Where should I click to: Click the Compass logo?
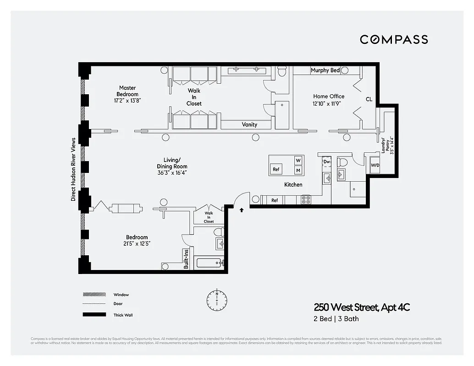(394, 39)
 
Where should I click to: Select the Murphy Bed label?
(325, 70)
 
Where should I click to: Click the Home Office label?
(329, 97)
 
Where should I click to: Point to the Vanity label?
(249, 124)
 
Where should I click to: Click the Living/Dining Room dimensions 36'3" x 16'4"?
(172, 173)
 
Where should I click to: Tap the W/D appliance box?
(375, 165)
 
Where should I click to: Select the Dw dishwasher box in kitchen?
(326, 161)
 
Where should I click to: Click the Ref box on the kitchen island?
(276, 169)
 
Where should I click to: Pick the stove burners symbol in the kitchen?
(306, 200)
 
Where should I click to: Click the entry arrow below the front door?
(242, 210)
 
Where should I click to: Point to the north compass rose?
(216, 300)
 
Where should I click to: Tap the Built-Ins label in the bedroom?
(186, 259)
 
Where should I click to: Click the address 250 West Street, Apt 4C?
(361, 307)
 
